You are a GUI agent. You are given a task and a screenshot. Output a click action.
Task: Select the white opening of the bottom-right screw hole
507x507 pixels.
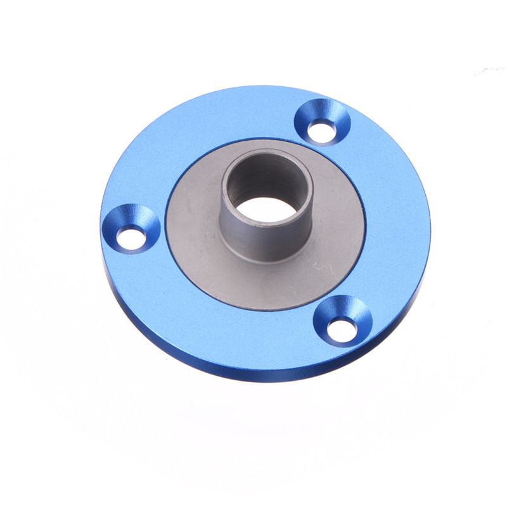tap(343, 328)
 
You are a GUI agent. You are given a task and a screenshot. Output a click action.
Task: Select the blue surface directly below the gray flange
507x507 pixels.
tap(253, 336)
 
